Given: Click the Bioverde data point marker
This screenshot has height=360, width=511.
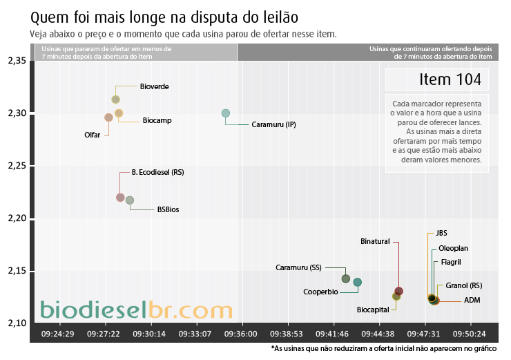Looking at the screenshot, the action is click(x=116, y=100).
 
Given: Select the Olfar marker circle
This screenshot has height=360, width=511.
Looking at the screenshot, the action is click(x=108, y=117).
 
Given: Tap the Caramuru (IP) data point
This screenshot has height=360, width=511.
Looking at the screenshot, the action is click(x=226, y=113).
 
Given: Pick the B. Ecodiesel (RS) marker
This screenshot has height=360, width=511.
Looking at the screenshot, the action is click(x=120, y=198).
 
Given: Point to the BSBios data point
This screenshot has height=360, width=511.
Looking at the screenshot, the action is click(x=130, y=200).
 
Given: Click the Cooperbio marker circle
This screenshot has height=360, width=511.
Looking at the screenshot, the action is click(x=358, y=282).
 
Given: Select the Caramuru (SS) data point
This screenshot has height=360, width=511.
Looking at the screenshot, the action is click(x=346, y=278).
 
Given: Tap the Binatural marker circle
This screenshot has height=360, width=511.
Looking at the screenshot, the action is click(x=399, y=291).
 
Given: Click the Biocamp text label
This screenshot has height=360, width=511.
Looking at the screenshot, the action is click(x=157, y=120).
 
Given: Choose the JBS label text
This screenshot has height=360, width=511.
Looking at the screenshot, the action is click(x=441, y=233).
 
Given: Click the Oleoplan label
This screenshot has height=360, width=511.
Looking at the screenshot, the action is click(x=453, y=248).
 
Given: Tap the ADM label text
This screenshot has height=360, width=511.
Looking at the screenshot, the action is click(x=472, y=300).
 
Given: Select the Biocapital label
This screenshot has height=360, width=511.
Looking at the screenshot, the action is click(x=373, y=310).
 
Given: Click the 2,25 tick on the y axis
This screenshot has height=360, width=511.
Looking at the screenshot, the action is click(x=17, y=166).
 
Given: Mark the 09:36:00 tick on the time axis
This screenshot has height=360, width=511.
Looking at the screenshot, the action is click(x=240, y=334).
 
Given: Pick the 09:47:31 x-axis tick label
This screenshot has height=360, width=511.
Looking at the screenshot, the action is click(x=423, y=334).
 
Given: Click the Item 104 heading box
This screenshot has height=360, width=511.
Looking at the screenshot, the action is click(x=437, y=79).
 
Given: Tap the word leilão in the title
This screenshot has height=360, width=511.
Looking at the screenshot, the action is click(x=281, y=17).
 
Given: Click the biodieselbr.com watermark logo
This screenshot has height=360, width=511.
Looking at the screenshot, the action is click(x=136, y=310).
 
